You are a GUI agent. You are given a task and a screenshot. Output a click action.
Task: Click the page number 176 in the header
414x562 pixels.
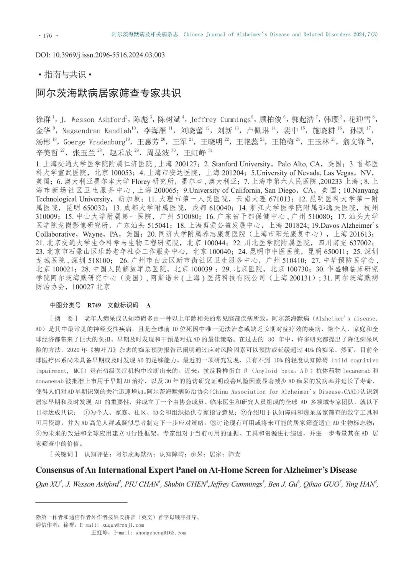tap(48, 36)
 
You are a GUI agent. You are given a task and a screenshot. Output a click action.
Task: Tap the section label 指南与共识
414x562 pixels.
tap(65, 74)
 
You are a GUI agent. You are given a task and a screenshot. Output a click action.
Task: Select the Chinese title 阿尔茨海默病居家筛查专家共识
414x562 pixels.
tap(108, 93)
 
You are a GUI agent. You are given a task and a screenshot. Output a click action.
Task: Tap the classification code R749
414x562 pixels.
tap(94, 305)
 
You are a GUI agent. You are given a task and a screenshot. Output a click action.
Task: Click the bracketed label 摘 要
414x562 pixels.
tap(64, 319)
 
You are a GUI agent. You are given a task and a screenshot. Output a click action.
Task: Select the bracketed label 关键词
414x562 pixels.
tap(64, 454)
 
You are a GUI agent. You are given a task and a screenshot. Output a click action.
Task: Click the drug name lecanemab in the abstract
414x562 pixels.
tap(353, 371)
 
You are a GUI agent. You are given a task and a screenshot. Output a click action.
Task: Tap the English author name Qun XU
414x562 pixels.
tap(48, 485)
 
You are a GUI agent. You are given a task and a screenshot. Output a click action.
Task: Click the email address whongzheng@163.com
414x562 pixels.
tap(160, 533)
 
